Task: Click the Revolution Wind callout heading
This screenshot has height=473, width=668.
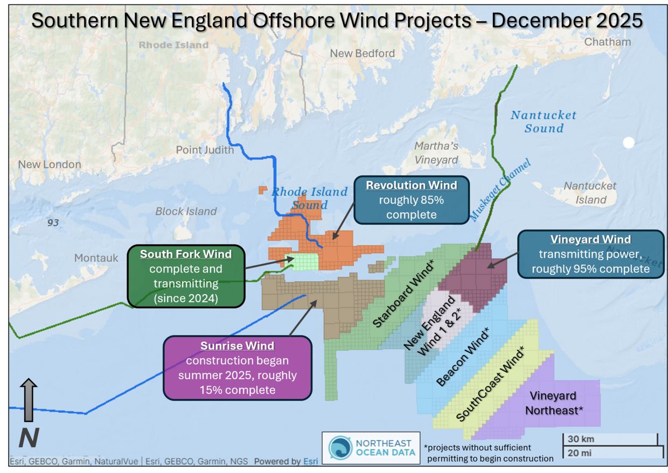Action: tap(412, 185)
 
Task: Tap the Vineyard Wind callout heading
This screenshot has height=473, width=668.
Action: tap(590, 239)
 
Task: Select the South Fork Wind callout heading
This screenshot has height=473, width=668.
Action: tap(186, 254)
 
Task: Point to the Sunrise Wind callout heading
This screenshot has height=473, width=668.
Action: tap(237, 346)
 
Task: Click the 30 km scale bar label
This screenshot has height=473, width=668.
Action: tap(581, 439)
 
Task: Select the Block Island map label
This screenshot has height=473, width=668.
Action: tap(186, 212)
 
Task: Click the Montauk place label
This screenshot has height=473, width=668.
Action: tap(96, 259)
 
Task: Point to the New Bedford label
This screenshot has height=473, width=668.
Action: tap(362, 53)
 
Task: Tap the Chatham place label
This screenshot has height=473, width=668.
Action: tap(607, 42)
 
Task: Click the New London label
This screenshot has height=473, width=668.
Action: tap(50, 165)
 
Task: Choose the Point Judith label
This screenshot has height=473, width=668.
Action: tap(205, 150)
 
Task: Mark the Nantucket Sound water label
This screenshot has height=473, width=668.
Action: tap(543, 122)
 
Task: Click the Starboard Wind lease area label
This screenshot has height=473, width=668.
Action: tap(405, 293)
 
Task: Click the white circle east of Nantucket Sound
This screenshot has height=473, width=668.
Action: tap(628, 143)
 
